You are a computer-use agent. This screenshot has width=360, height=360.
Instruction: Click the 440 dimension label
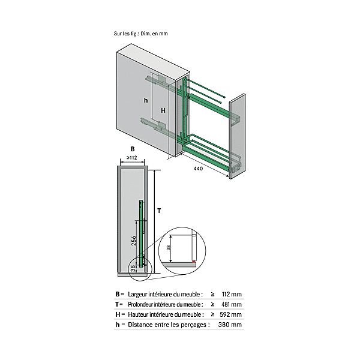198,169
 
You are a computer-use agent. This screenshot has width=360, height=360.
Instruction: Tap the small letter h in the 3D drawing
145,100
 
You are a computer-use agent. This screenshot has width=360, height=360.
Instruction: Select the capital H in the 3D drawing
163,111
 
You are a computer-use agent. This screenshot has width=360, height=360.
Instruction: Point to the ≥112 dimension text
128,158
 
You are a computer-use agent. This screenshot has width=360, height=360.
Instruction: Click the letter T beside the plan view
159,211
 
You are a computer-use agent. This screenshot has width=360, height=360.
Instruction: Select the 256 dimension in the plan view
134,241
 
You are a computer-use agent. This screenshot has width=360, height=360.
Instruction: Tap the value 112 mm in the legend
231,295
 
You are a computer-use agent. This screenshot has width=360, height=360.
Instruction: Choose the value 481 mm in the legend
231,305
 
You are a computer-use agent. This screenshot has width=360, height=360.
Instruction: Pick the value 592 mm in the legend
231,314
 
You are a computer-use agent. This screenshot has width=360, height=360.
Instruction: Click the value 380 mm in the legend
231,325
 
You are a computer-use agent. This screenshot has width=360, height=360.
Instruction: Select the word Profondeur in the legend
143,305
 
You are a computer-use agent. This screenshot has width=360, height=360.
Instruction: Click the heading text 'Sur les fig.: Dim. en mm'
141,34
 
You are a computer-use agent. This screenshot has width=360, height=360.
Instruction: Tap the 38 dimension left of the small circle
133,268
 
